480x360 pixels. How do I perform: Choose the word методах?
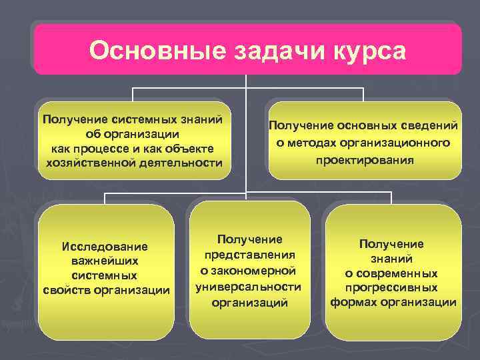click(319, 143)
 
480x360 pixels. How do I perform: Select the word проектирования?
click(365, 161)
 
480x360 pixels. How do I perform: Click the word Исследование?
click(105, 247)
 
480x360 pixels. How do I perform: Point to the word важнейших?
click(105, 261)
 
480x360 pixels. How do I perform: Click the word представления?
click(249, 255)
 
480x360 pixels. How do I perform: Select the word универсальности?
click(249, 287)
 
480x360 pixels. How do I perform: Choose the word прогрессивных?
click(391, 288)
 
